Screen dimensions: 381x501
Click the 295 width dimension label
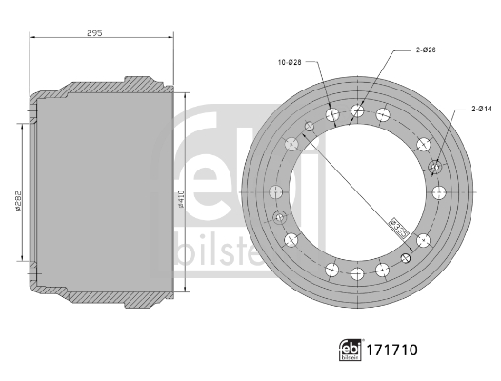click(x=93, y=32)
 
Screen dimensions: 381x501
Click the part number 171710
click(x=391, y=351)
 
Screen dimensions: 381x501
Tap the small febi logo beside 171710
click(x=351, y=351)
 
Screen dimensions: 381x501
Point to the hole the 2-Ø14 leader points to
click(x=436, y=168)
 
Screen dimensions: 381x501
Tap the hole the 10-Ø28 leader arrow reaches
click(x=332, y=115)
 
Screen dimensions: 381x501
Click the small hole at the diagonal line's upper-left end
click(x=310, y=125)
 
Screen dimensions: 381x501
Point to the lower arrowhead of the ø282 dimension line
click(x=22, y=259)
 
